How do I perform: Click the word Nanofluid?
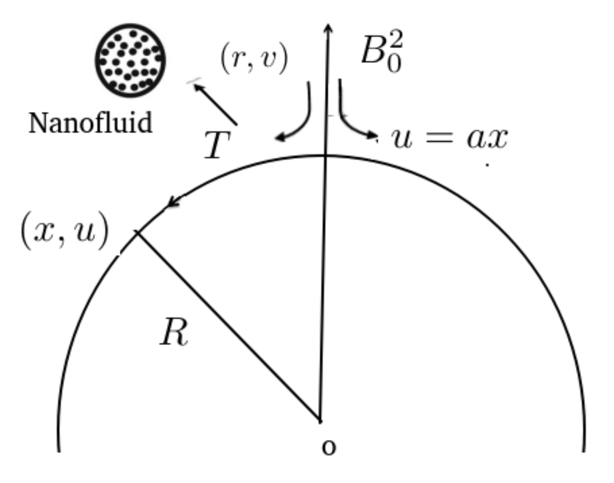pos(90,123)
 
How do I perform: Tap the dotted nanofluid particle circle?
pos(130,60)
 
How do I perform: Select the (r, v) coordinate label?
pos(254,59)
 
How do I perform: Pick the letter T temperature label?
pos(217,145)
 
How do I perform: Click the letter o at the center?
pos(328,447)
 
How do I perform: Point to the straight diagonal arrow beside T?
pos(215,104)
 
